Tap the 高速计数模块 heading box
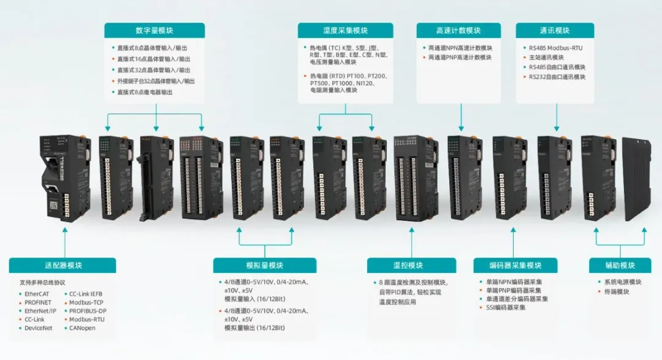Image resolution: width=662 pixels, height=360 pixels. [x=458, y=31]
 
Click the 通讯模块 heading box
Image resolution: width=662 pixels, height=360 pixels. [x=555, y=31]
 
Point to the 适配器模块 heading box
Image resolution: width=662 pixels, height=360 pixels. [x=63, y=266]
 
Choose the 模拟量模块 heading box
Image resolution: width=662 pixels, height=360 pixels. [x=264, y=266]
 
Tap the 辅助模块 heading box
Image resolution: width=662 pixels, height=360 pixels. [x=620, y=266]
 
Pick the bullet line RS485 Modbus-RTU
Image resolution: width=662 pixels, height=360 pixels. [x=556, y=47]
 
